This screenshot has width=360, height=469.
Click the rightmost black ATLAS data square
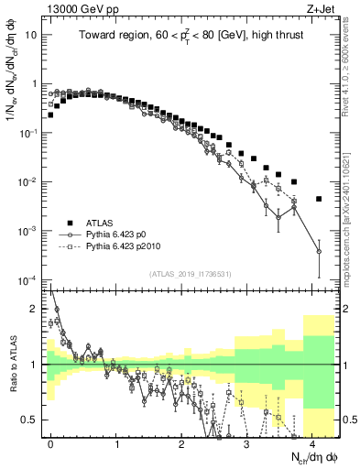pyautogui.click(x=319, y=199)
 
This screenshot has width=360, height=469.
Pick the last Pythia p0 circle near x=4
pyautogui.click(x=319, y=251)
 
